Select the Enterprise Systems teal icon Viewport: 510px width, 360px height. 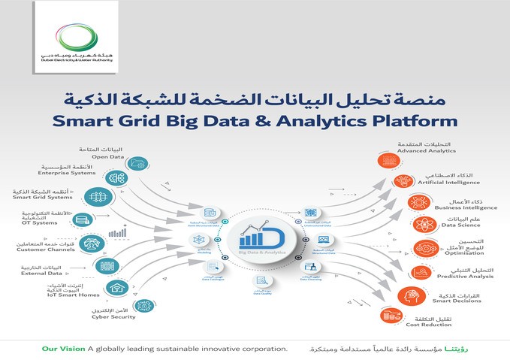click(x=118, y=178)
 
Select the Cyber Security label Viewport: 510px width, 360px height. click(x=114, y=316)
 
